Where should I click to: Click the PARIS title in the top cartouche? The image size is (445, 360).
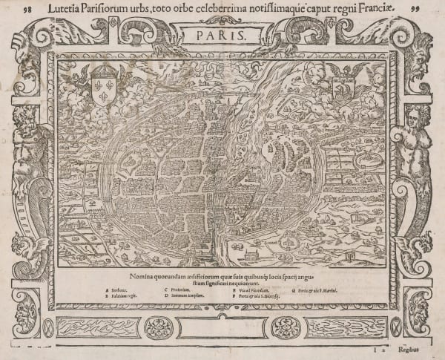223,35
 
